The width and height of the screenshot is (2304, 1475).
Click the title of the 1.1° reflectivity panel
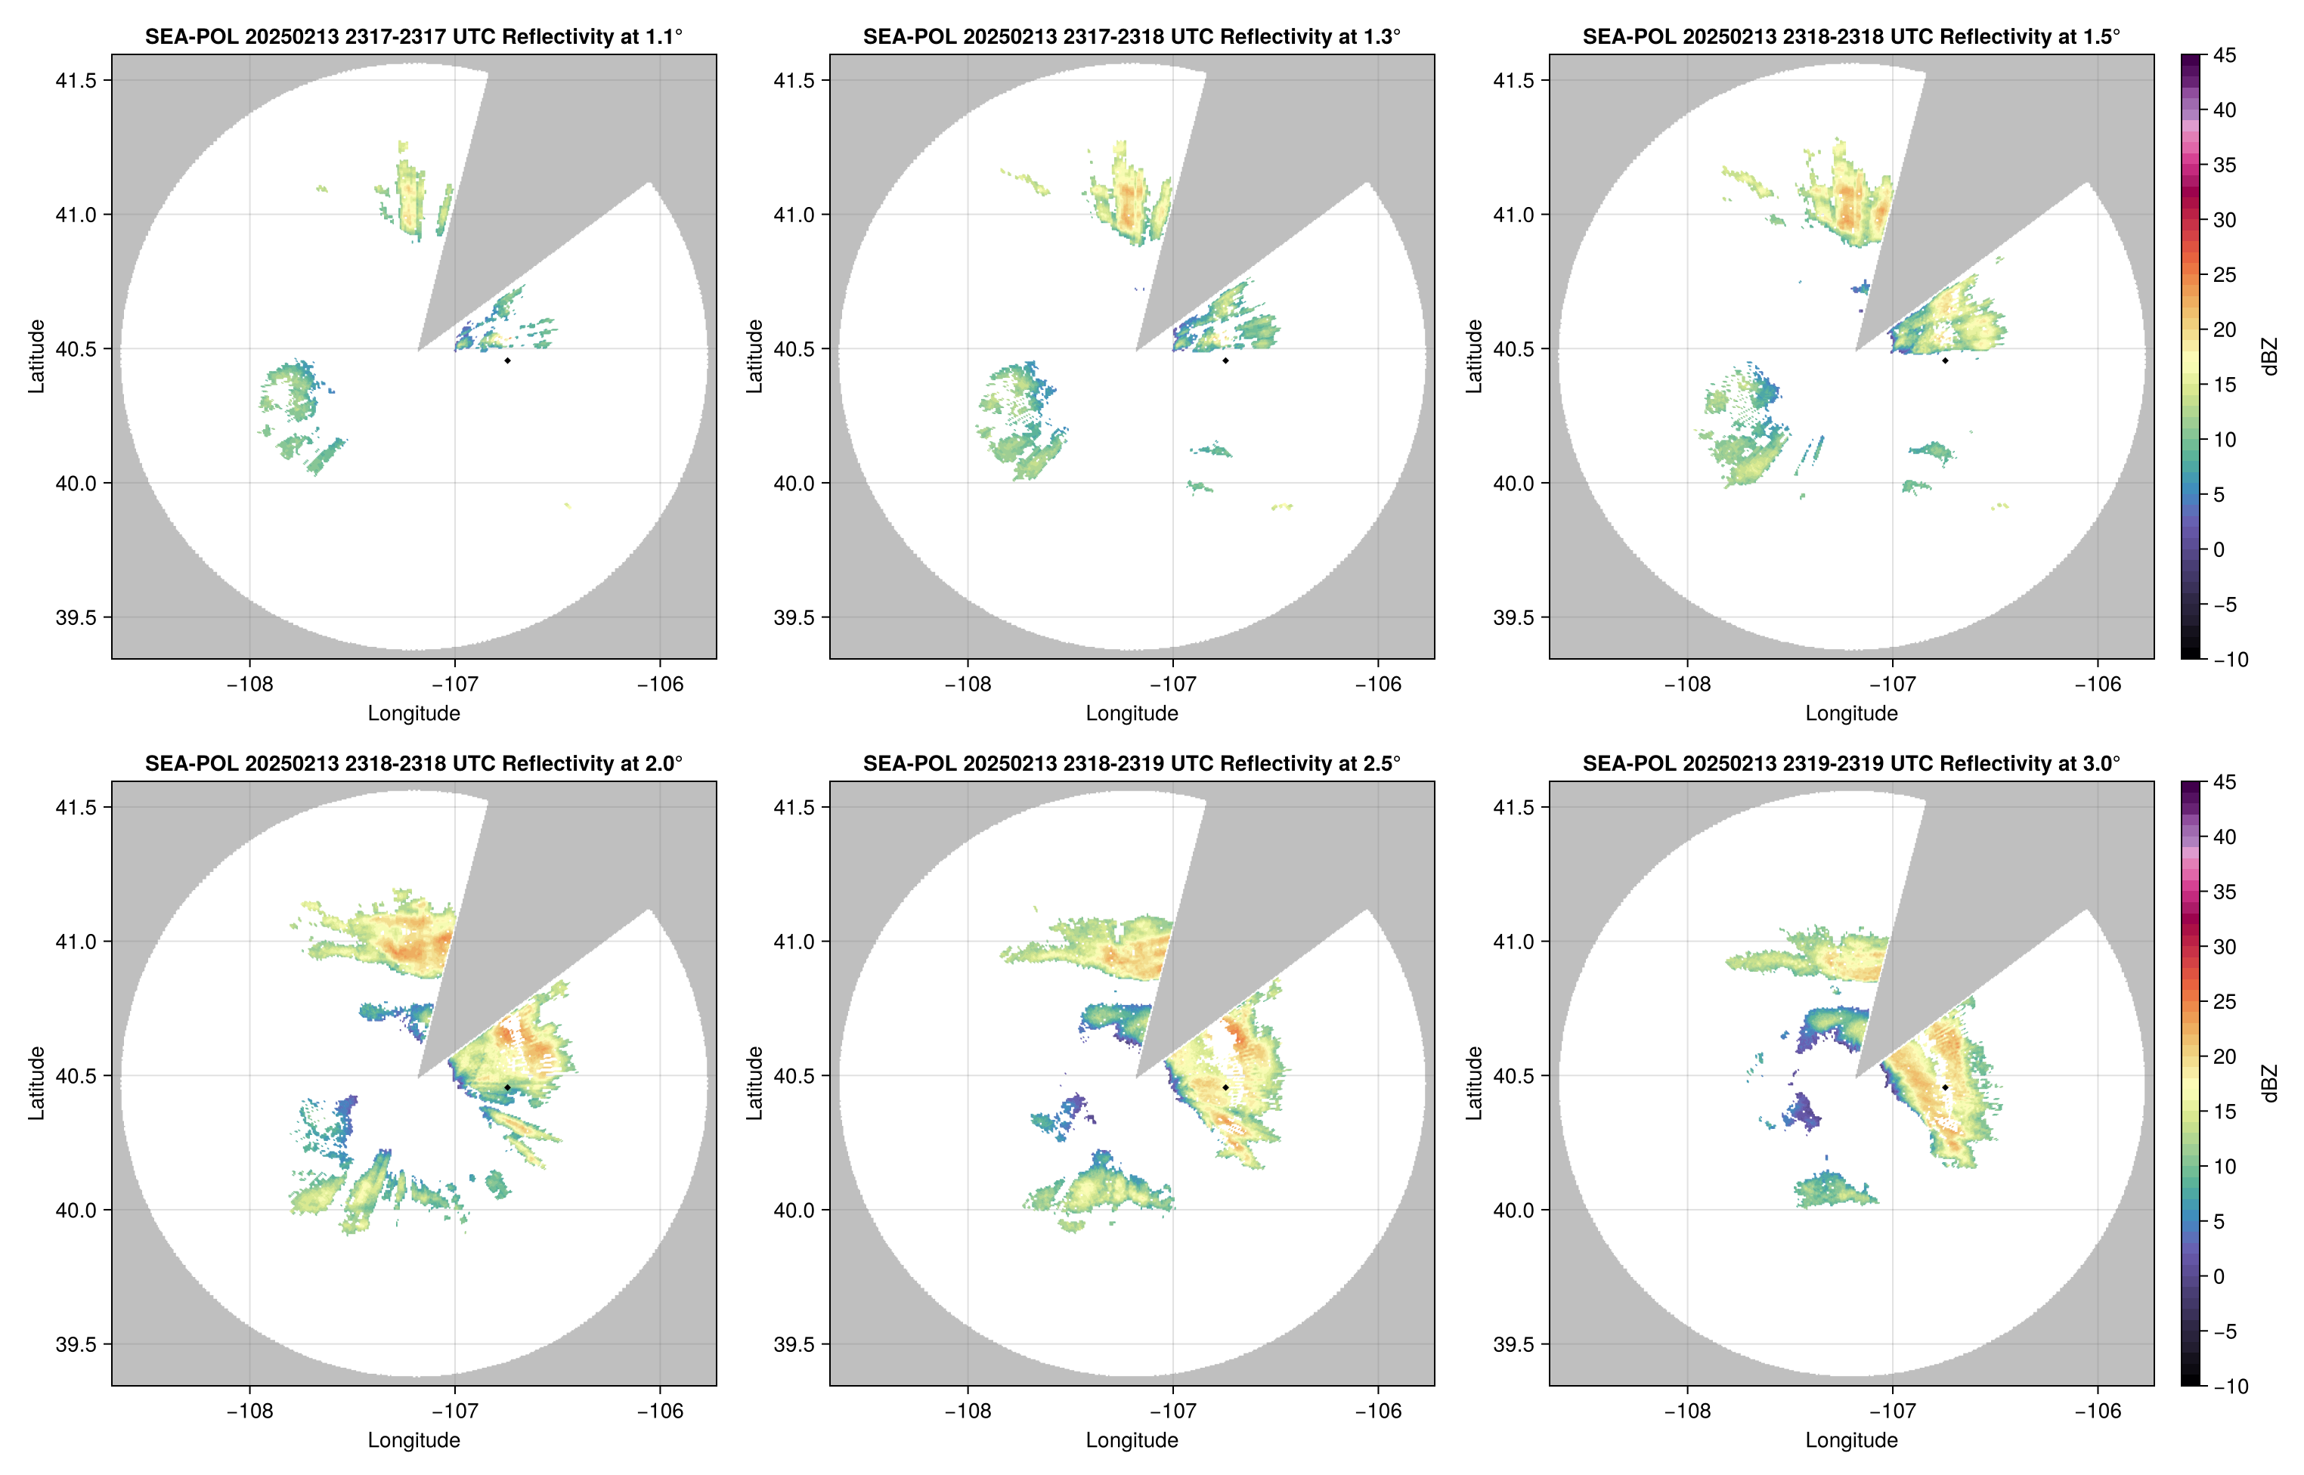[413, 36]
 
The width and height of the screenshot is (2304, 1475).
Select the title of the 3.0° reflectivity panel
[1851, 763]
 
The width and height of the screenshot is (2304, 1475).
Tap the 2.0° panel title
[413, 763]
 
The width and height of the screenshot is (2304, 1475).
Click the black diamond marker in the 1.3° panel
[1225, 360]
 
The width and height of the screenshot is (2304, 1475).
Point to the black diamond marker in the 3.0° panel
[1945, 1087]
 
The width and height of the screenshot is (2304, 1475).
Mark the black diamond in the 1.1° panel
[506, 360]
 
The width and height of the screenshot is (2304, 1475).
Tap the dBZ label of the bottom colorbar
[2269, 1084]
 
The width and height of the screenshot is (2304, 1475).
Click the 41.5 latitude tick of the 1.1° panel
[76, 80]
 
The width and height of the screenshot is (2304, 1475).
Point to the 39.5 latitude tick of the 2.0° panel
[76, 1344]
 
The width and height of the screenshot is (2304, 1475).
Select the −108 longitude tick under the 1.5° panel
[1687, 684]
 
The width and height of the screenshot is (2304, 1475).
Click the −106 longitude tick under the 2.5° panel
[1377, 1411]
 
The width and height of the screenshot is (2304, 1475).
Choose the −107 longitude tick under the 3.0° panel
[1892, 1411]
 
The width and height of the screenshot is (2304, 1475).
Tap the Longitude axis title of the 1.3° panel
[1132, 713]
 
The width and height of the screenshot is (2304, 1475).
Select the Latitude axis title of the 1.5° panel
[1474, 357]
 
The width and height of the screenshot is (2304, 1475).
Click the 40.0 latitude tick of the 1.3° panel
[794, 483]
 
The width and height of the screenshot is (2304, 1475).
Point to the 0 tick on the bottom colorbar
[2219, 1277]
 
